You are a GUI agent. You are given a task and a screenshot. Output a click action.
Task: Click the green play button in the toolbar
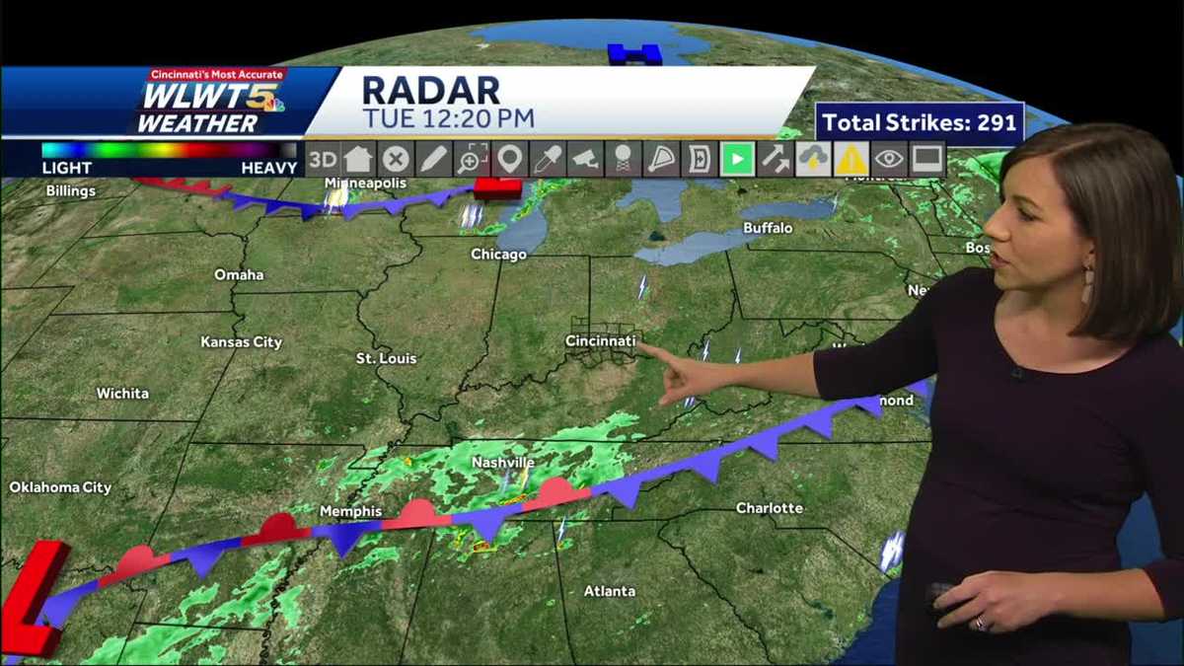(737, 159)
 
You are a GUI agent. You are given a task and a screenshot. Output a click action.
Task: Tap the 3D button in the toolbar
(322, 159)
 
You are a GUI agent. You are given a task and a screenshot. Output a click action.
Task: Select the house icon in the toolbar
(358, 159)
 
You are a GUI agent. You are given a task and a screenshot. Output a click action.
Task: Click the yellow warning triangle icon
(851, 159)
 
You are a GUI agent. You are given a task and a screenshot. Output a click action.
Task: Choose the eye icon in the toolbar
(889, 159)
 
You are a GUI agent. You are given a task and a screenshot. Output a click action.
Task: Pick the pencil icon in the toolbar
(433, 159)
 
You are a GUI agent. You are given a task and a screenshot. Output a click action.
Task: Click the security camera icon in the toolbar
(585, 159)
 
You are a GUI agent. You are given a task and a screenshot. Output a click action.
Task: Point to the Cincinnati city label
(600, 341)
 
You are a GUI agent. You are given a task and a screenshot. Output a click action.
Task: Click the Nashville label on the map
(502, 463)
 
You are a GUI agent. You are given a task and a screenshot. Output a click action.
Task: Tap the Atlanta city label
(609, 591)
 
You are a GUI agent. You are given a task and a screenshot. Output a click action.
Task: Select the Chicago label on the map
(498, 255)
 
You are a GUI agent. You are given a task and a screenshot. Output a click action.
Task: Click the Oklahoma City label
(60, 487)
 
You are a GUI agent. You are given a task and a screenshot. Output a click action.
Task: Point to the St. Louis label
(386, 358)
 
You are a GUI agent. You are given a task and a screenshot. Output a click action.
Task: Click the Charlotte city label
(769, 508)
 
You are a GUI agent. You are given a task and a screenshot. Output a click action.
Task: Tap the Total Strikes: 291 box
(919, 123)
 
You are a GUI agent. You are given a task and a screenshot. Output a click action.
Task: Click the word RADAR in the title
(431, 90)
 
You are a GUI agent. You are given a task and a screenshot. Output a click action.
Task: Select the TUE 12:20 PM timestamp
(448, 119)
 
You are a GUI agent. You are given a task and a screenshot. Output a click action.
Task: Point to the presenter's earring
(1087, 285)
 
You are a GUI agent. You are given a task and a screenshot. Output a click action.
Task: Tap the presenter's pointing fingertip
(664, 348)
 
